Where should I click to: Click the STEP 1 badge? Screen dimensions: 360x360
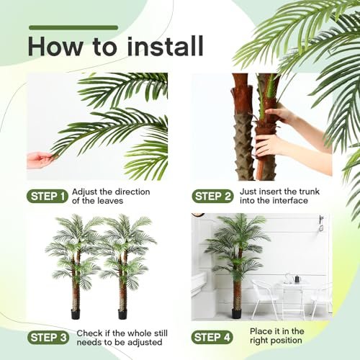48,197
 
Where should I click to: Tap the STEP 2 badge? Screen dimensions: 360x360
212,197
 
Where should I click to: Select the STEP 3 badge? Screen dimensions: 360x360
48,338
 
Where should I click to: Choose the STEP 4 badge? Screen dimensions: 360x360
212,337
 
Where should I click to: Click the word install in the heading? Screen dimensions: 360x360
166,46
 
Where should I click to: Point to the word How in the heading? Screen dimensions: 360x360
56,46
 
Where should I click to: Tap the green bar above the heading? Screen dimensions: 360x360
73,27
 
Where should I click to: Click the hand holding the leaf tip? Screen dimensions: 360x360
41,160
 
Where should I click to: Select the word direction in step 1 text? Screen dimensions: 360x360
132,192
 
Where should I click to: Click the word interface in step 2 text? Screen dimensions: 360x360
289,200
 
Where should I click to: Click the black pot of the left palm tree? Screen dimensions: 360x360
76,314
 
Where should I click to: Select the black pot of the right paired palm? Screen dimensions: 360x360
122,314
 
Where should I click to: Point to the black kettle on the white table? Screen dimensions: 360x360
297,279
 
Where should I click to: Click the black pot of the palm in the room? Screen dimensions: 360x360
236,314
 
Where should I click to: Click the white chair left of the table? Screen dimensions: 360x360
265,298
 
